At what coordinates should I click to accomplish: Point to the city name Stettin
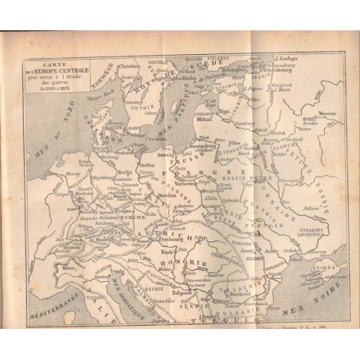click(168, 166)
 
